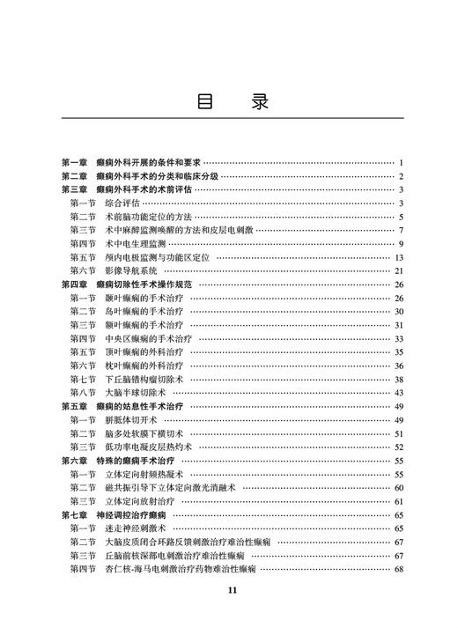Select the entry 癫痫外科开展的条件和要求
coord(149,163)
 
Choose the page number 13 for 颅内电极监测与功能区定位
coord(399,257)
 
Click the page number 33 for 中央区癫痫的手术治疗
coord(399,338)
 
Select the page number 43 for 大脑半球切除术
coord(399,392)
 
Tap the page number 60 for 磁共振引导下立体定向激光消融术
coord(399,487)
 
